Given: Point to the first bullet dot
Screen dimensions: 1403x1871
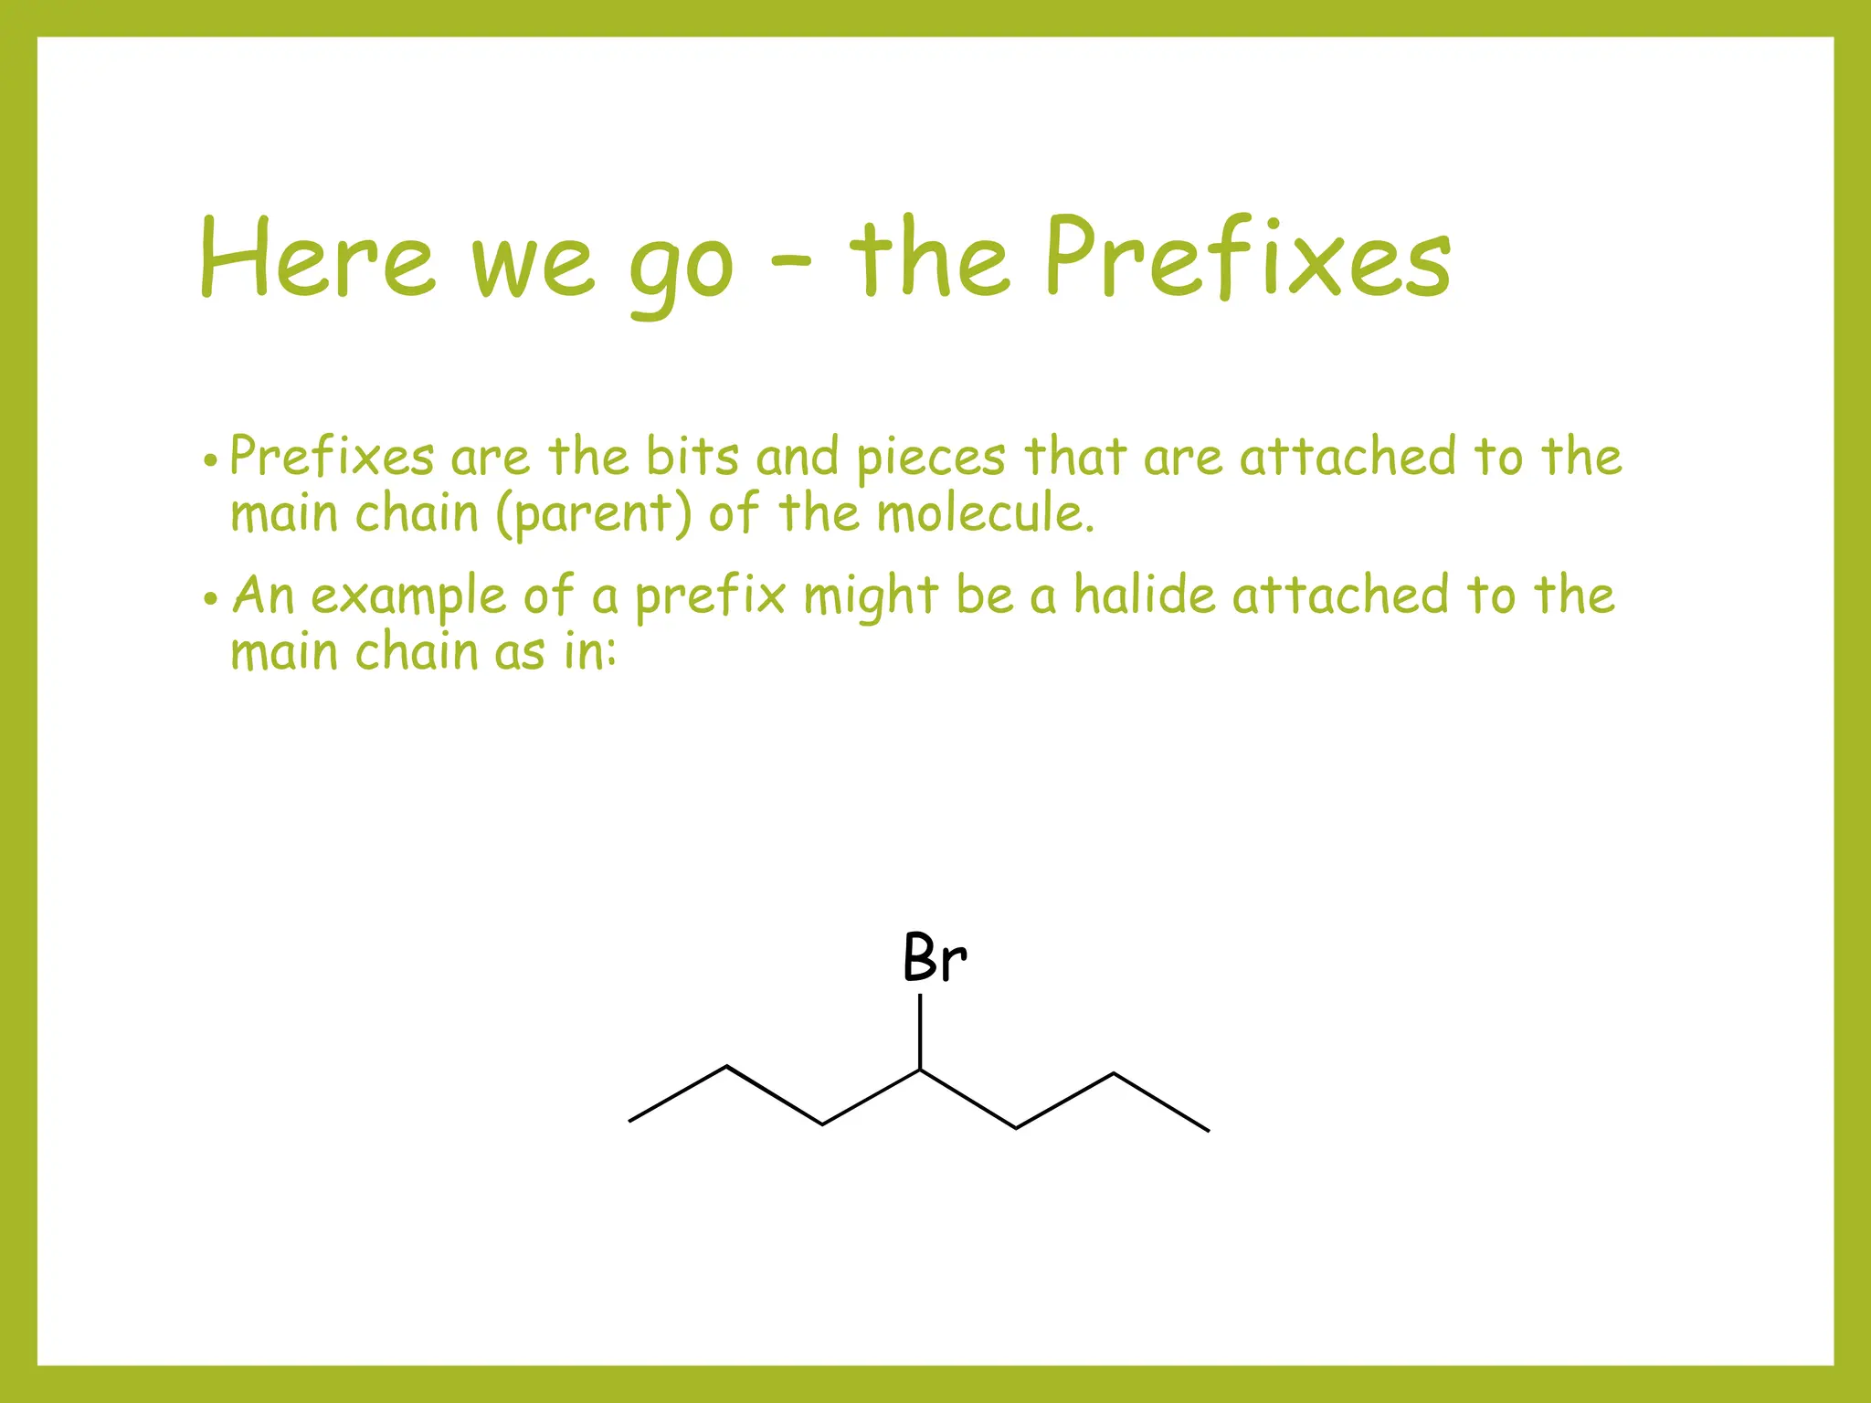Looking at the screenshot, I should [x=211, y=461].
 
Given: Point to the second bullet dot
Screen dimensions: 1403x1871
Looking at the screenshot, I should [x=211, y=600].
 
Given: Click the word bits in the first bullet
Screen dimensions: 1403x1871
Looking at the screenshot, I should [x=692, y=456].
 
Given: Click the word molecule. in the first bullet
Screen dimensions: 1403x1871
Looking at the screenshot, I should [x=985, y=512].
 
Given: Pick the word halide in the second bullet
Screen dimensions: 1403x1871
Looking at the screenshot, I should [x=1144, y=595].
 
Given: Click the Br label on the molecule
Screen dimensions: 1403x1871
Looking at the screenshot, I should [x=934, y=959].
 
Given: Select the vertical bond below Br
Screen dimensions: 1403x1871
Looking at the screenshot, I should [x=920, y=1031].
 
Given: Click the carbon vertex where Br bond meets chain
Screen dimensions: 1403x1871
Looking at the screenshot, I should [x=920, y=1070].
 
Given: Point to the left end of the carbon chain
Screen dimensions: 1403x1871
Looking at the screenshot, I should [x=630, y=1121].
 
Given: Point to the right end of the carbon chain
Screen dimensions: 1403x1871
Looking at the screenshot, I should [x=1208, y=1131].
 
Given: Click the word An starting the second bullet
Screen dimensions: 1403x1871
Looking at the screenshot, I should [x=263, y=596].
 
